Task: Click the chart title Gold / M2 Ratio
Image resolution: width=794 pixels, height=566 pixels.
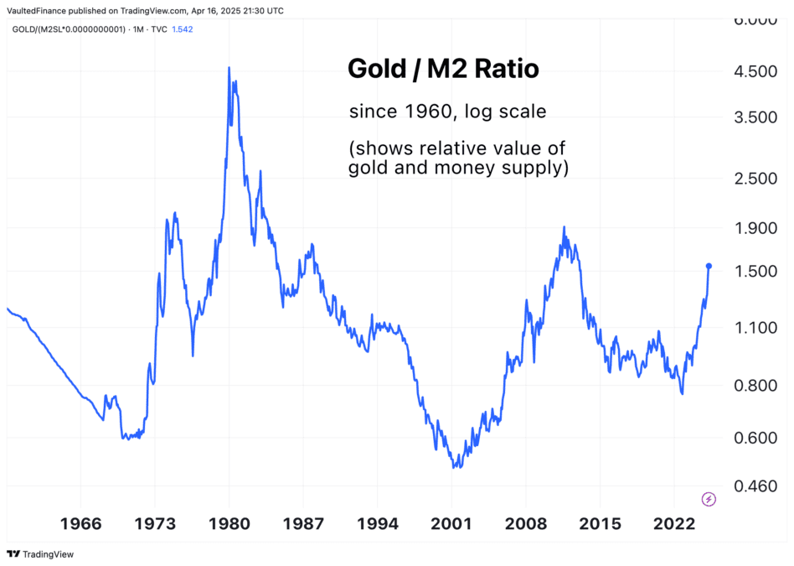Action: point(443,70)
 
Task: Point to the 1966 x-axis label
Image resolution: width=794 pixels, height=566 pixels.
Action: point(81,524)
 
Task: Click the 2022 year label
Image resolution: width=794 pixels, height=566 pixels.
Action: point(674,524)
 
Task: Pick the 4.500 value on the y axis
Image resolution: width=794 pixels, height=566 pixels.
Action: point(756,72)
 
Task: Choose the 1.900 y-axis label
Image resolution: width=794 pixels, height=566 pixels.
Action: point(756,229)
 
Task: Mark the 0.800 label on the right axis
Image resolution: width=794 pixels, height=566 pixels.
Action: point(756,386)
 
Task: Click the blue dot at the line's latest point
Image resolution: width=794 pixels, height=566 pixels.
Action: point(709,266)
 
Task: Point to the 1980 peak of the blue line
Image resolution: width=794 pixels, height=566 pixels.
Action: point(229,68)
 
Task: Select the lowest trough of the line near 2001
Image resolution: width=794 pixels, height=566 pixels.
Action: point(453,466)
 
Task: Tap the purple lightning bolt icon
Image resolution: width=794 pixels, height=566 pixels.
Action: point(709,499)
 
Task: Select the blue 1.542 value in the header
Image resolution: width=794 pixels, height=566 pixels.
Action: point(183,29)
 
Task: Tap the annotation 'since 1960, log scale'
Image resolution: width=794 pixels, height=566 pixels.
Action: point(447,112)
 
